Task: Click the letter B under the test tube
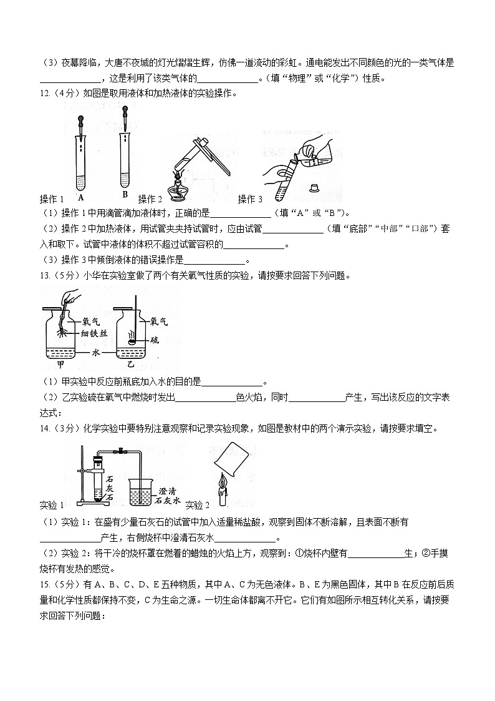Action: pos(125,194)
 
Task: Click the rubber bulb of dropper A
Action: pos(81,118)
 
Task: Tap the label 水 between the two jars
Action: pos(104,352)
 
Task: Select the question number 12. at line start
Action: pos(46,94)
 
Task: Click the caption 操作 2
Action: pos(150,199)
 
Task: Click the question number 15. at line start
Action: pos(46,584)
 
